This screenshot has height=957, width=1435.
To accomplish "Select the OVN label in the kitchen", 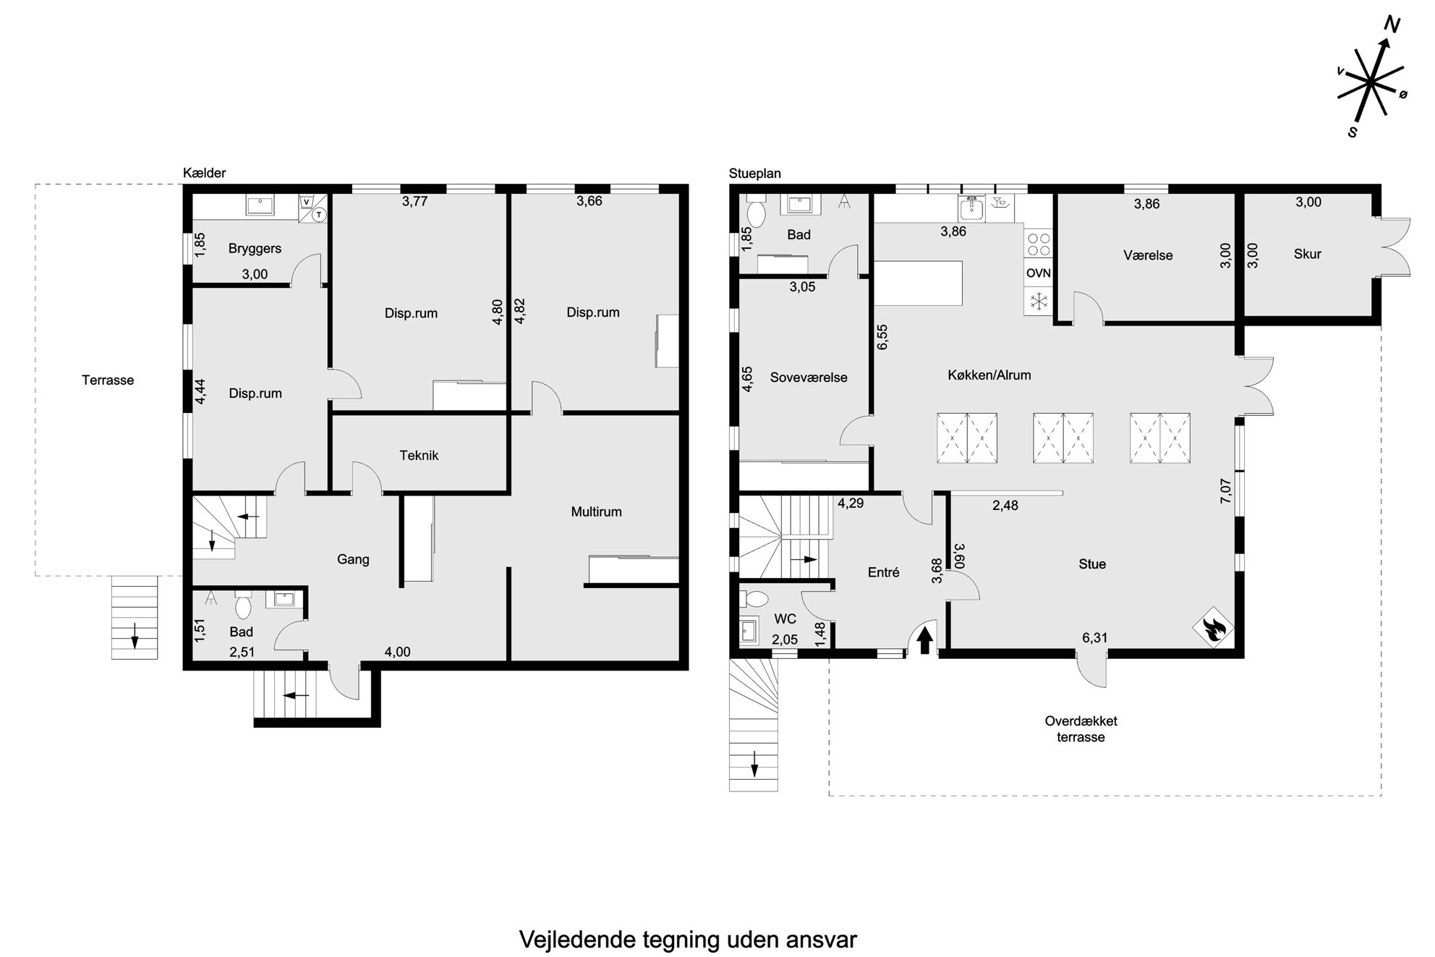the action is pyautogui.click(x=1039, y=273).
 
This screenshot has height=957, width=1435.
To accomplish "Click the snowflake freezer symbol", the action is pyautogui.click(x=1039, y=301).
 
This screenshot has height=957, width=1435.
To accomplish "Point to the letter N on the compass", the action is pyautogui.click(x=1392, y=25).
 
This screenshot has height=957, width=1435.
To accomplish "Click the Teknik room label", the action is pyautogui.click(x=420, y=456).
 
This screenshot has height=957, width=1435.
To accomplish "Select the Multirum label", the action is pyautogui.click(x=596, y=512).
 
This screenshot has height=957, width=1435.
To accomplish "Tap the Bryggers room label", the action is pyautogui.click(x=255, y=249).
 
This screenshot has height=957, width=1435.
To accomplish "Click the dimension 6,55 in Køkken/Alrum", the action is pyautogui.click(x=882, y=337).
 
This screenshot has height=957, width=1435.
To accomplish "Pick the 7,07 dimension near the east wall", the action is pyautogui.click(x=1225, y=491).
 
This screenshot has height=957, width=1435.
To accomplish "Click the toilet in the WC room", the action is pyautogui.click(x=754, y=600).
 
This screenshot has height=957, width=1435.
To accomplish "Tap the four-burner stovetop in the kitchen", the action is pyautogui.click(x=1039, y=244).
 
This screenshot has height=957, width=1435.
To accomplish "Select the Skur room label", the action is pyautogui.click(x=1308, y=254).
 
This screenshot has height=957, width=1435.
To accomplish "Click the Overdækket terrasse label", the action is pyautogui.click(x=1081, y=729).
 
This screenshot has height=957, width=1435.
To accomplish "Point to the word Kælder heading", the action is pyautogui.click(x=205, y=173).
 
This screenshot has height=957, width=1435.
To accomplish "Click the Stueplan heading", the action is pyautogui.click(x=755, y=174).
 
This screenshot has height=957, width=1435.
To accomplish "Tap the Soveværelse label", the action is pyautogui.click(x=809, y=378).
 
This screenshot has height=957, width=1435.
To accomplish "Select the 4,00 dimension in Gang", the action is pyautogui.click(x=397, y=652).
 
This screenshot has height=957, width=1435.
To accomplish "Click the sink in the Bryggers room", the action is pyautogui.click(x=260, y=205).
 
